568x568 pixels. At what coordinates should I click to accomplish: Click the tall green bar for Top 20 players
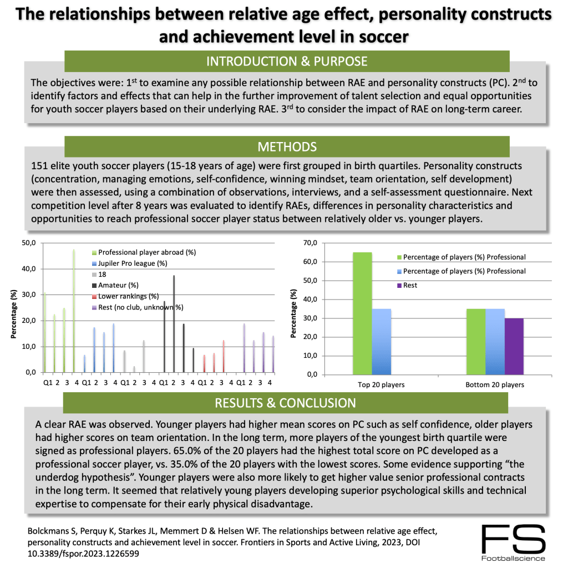[362, 313]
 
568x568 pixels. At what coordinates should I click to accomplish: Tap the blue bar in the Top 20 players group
[381, 341]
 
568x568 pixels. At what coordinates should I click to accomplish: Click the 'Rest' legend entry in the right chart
[410, 286]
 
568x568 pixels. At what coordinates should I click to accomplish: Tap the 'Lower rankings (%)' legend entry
[128, 296]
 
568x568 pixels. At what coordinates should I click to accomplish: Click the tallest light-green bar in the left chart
[74, 311]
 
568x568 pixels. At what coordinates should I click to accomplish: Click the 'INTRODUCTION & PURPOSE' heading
[286, 61]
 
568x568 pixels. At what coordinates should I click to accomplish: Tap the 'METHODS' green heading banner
[286, 146]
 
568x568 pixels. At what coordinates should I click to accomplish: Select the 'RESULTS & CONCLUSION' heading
[286, 402]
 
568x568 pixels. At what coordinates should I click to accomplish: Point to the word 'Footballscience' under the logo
[513, 558]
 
